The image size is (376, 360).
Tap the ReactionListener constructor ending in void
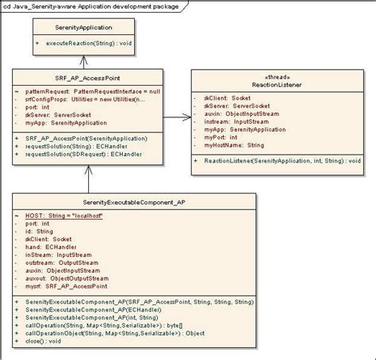point(282,159)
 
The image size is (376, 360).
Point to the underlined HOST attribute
point(64,216)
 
